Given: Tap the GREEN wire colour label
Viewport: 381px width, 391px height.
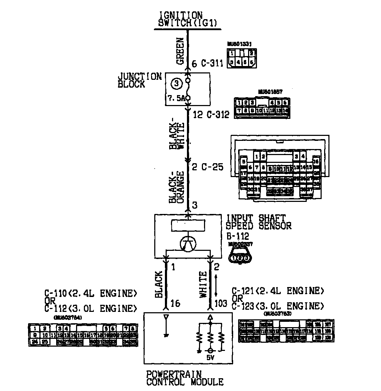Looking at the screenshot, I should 180,51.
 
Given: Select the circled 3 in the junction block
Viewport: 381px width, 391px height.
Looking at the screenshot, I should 177,84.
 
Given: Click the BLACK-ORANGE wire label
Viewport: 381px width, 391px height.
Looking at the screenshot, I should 176,188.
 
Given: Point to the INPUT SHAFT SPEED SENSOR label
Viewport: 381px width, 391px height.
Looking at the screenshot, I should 259,222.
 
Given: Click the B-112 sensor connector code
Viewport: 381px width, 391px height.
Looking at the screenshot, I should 237,236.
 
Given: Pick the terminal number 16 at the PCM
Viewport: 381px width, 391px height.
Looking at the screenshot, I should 176,303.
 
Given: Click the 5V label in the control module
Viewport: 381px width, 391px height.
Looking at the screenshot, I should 210,358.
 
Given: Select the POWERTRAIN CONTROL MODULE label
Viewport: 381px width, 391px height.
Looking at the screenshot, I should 185,378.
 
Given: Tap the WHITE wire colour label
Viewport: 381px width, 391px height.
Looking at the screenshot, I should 203,284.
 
